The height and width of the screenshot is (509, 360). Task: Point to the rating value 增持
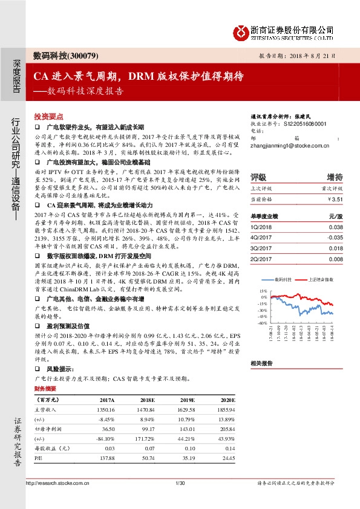(x=335, y=177)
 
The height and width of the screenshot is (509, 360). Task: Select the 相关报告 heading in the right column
(x=262, y=363)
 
